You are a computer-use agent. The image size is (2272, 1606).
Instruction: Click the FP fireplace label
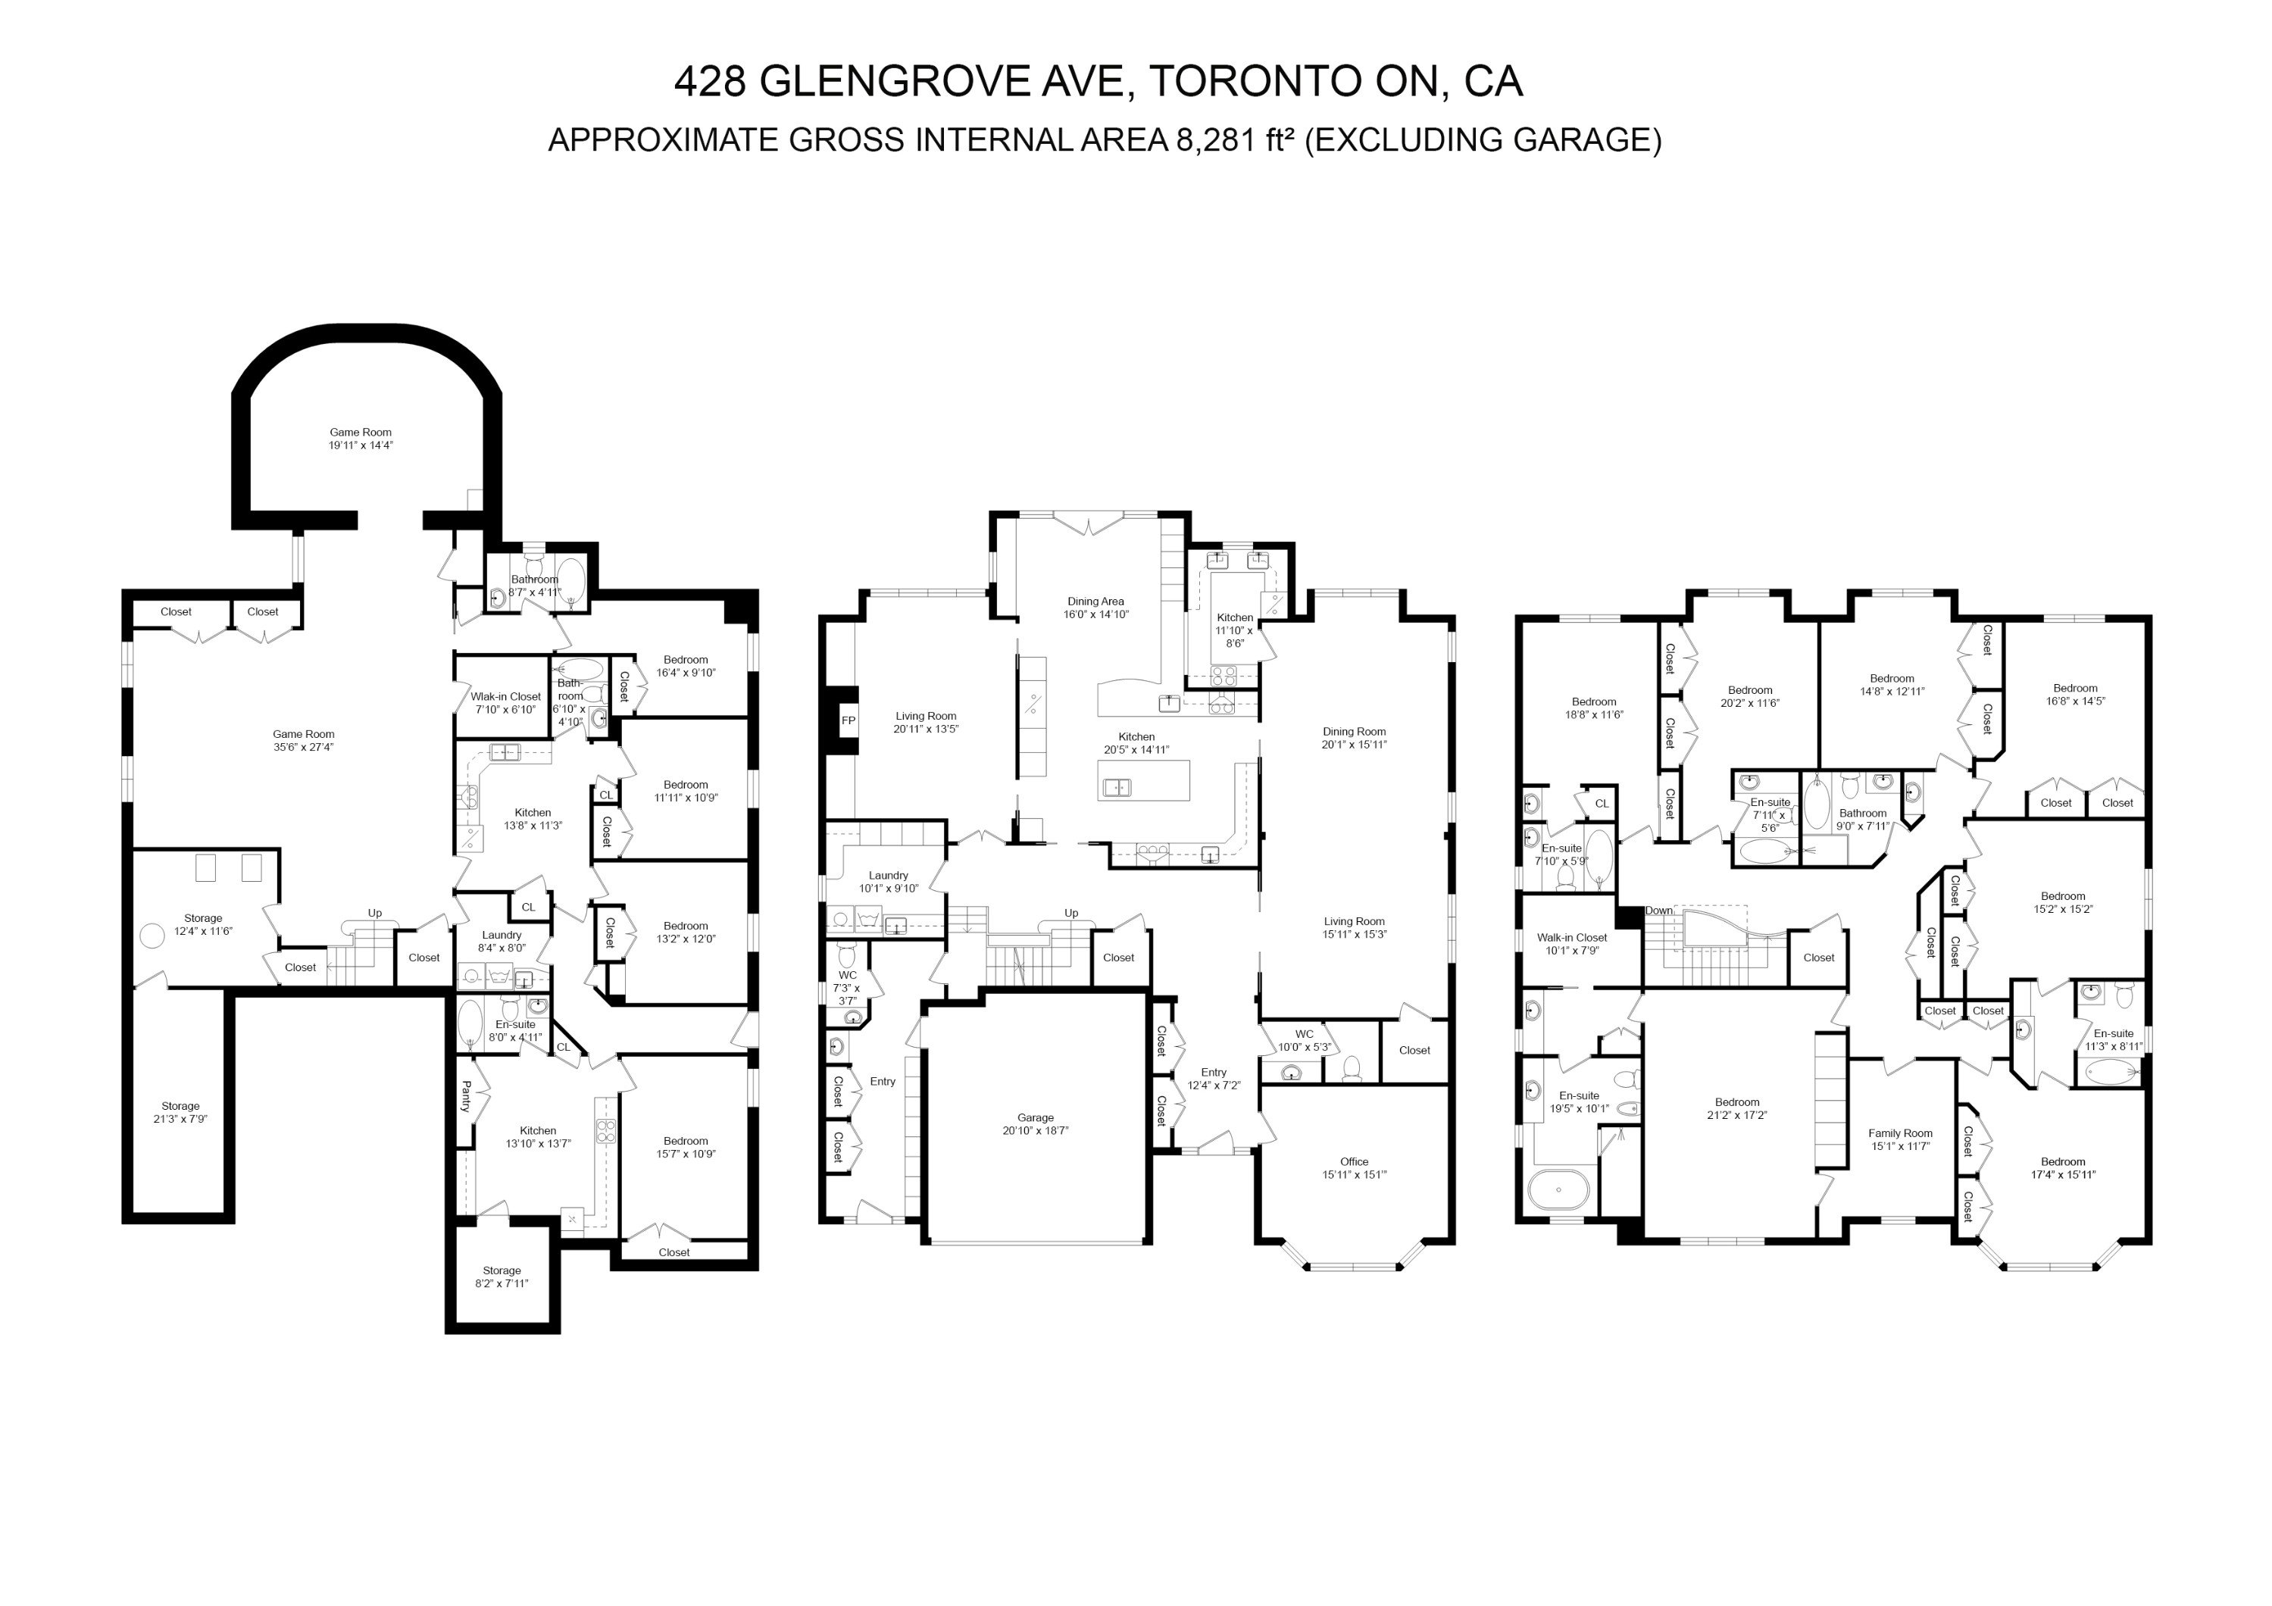click(848, 720)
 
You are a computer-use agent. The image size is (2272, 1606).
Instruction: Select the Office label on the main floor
click(1355, 1162)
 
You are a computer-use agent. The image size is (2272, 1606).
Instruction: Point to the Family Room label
click(1900, 1134)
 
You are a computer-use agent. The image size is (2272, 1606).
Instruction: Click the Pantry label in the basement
click(466, 1095)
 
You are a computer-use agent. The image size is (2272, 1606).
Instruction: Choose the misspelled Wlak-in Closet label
click(505, 697)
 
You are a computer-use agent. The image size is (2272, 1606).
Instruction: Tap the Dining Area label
click(1095, 601)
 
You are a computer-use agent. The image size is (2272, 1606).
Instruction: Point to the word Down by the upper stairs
click(1659, 911)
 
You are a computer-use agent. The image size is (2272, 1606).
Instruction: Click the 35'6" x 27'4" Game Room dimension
click(304, 747)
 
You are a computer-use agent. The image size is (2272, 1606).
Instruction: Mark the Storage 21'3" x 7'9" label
click(180, 1112)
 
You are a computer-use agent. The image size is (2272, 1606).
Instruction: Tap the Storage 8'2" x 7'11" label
click(502, 1276)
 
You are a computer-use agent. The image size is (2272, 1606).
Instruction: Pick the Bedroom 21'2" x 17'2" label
click(1738, 1108)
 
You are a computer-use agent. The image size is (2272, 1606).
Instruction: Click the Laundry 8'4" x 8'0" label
click(502, 941)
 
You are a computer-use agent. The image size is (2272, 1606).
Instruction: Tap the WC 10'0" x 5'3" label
click(1305, 1040)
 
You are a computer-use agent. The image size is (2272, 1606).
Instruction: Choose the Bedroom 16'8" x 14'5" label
click(2075, 695)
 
